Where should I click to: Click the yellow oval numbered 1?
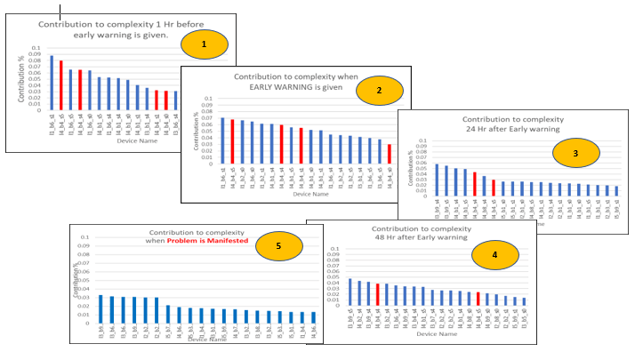[x=203, y=44]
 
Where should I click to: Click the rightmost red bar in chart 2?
[x=389, y=153]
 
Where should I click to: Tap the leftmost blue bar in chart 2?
[x=222, y=140]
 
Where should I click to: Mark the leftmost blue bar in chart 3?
[x=437, y=180]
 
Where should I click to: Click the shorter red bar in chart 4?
[x=478, y=299]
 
